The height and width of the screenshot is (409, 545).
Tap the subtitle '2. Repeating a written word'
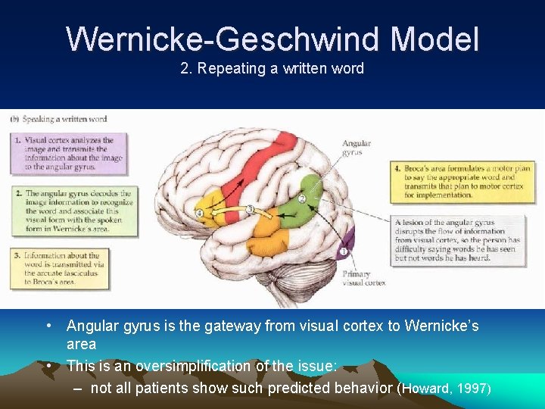click(x=272, y=69)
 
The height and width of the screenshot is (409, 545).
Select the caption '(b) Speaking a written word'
click(x=58, y=119)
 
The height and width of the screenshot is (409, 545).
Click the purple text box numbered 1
click(x=70, y=155)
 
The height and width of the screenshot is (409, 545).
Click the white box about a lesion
click(x=459, y=240)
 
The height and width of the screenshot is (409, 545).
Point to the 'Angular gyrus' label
click(x=356, y=148)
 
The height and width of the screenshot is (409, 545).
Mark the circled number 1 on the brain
click(x=343, y=251)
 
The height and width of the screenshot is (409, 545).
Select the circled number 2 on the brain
click(x=301, y=198)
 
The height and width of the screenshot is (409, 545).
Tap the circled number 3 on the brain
click(x=249, y=208)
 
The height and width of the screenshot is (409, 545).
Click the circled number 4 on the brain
click(x=199, y=214)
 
